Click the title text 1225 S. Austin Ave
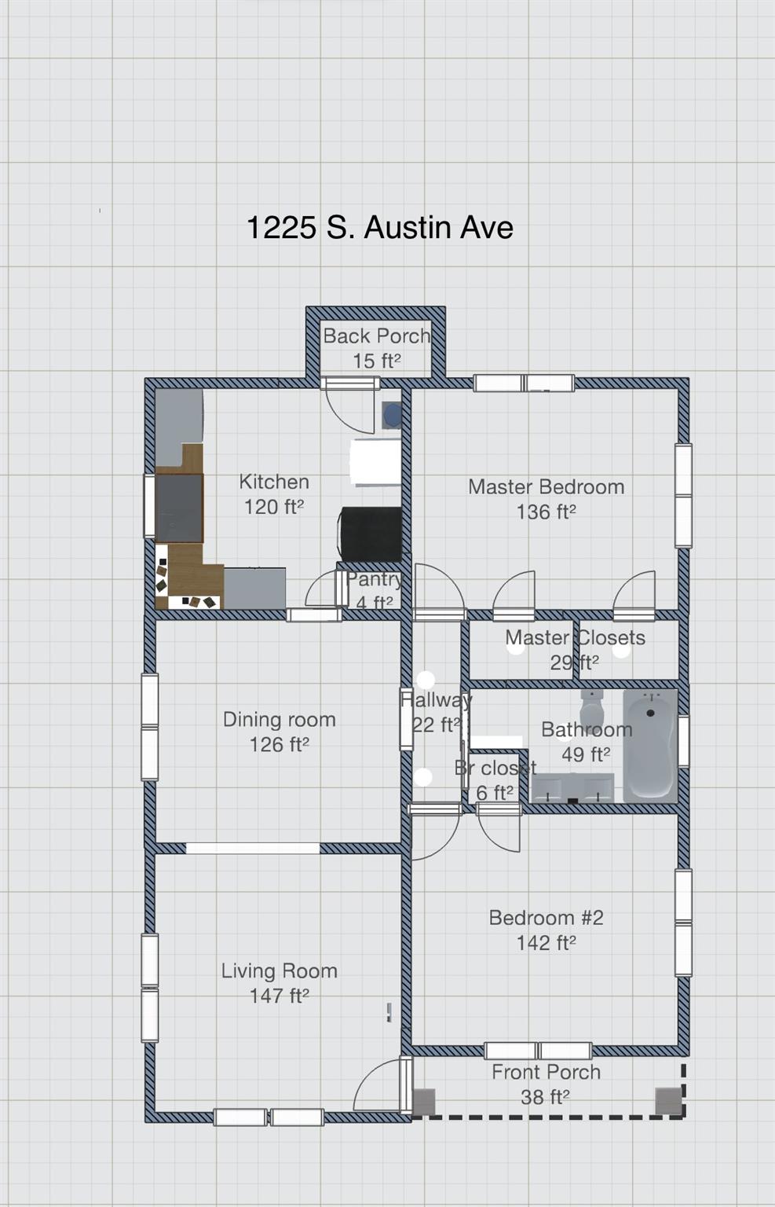click(x=379, y=228)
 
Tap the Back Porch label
click(x=376, y=347)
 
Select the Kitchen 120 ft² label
click(x=273, y=494)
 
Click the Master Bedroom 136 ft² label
click(x=546, y=499)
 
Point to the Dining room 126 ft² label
click(x=279, y=732)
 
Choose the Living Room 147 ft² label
click(x=279, y=983)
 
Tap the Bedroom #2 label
click(x=546, y=930)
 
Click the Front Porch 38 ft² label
click(x=546, y=1084)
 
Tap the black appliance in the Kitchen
click(x=371, y=534)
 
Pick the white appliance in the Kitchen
click(x=375, y=463)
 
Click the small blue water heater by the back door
click(x=391, y=415)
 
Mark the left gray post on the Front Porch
click(x=424, y=1101)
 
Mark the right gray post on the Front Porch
click(x=668, y=1101)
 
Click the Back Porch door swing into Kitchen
click(x=349, y=409)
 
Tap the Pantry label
click(x=374, y=590)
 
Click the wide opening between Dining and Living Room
click(x=253, y=849)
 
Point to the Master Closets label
click(x=575, y=649)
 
